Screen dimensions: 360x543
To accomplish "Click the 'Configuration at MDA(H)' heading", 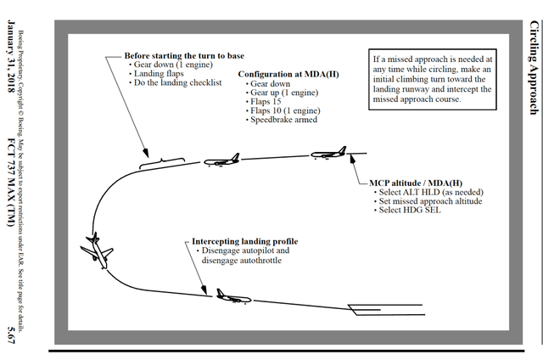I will tap(288, 75).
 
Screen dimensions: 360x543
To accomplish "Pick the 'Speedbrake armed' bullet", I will tap(284, 120).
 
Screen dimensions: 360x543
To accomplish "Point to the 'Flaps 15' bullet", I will tap(266, 102).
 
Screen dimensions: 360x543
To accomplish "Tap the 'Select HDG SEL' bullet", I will tap(410, 210).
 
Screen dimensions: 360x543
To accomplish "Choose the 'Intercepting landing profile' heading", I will tap(244, 242).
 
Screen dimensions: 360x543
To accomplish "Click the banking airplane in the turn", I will tap(97, 250).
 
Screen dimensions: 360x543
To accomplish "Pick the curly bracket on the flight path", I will tap(161, 162).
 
